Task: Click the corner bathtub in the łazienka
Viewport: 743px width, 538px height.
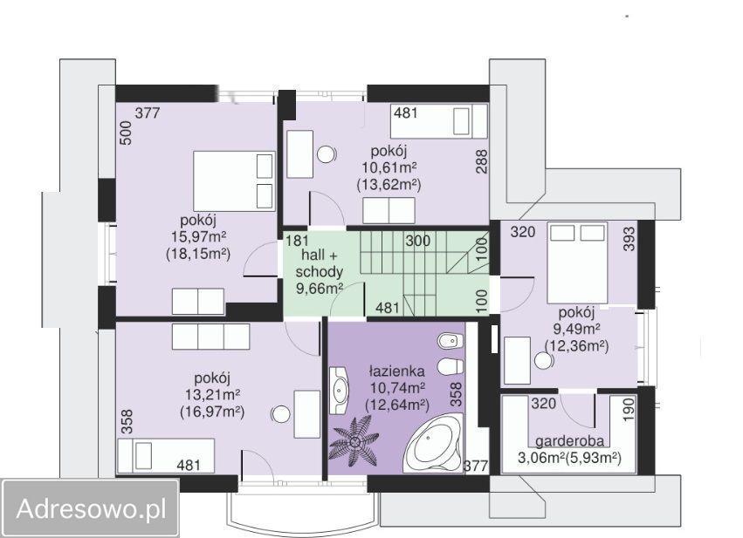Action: [x=433, y=443]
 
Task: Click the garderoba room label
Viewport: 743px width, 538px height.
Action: [x=569, y=441]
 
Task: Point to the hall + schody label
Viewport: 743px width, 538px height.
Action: [x=320, y=263]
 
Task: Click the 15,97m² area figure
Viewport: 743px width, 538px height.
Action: [x=198, y=237]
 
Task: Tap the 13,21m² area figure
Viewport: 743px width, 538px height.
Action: [x=212, y=395]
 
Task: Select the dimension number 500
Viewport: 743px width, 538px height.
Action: [x=126, y=133]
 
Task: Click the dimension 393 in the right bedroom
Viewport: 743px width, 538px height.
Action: [x=629, y=240]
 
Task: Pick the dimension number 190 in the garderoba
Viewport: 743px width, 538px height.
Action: [x=628, y=409]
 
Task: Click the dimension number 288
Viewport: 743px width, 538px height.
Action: [x=481, y=162]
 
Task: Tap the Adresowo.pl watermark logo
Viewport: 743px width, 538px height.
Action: [x=91, y=509]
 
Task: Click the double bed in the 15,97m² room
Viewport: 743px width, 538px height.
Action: [x=234, y=181]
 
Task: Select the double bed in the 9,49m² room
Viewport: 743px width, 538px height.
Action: [x=577, y=263]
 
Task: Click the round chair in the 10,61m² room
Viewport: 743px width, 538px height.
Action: [x=327, y=154]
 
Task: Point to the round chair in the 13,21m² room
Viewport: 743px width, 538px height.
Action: [x=280, y=414]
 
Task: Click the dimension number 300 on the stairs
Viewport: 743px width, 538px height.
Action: [x=418, y=241]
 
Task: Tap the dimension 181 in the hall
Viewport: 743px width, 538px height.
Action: [x=297, y=241]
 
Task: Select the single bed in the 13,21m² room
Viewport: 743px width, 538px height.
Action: [x=166, y=456]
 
